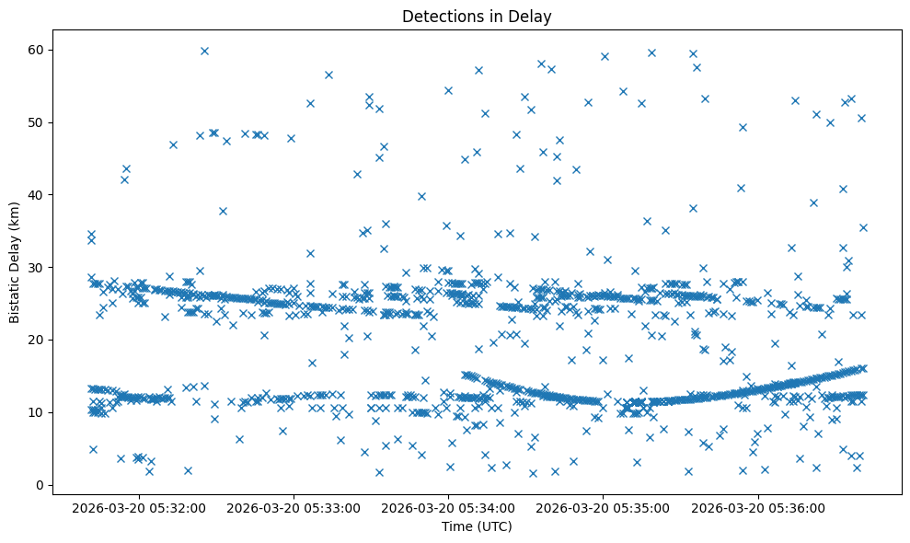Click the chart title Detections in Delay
coord(477,17)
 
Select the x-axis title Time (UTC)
coord(477,526)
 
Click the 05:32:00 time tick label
coord(140,506)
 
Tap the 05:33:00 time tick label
coord(294,506)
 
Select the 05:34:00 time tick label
coord(449,506)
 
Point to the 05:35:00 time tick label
coord(604,506)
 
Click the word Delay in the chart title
coord(533,17)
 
